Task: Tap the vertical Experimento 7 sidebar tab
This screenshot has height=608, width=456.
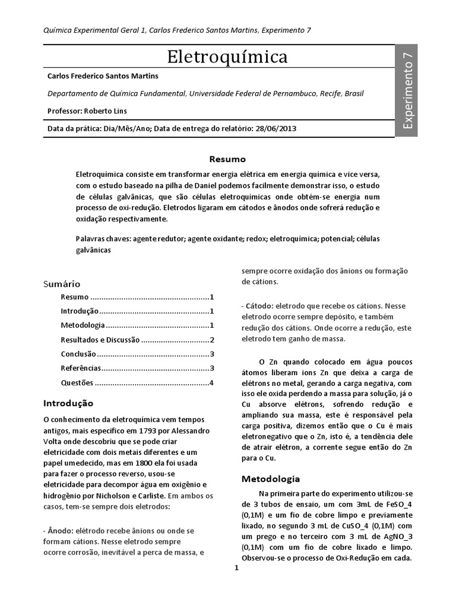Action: tap(408, 90)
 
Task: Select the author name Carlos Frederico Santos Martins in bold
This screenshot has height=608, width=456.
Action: tap(103, 77)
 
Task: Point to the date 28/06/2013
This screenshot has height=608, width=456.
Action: tap(277, 128)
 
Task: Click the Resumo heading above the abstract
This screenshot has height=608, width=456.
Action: tap(227, 159)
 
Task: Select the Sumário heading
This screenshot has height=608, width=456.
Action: tap(63, 284)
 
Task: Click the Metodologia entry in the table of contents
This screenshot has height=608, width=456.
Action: tap(83, 325)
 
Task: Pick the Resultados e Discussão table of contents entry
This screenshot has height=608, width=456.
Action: tap(100, 340)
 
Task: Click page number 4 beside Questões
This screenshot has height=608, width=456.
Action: tap(211, 382)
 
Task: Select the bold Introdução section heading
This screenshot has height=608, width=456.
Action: tap(68, 403)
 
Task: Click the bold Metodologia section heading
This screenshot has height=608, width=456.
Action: tap(270, 479)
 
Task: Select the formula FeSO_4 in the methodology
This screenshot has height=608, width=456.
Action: tap(382, 503)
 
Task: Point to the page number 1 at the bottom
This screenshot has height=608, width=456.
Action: tap(236, 567)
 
